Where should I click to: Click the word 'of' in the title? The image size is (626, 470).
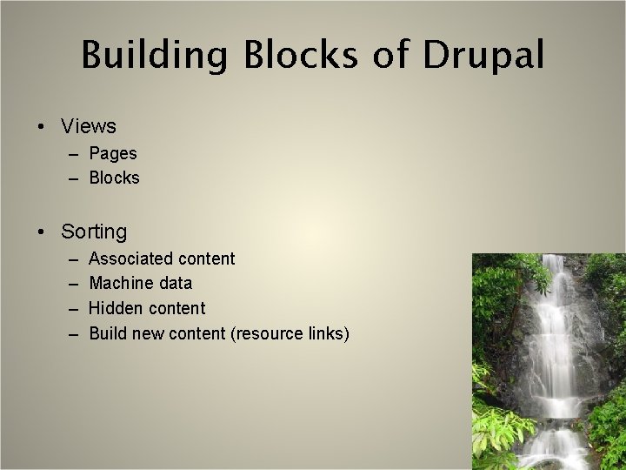tap(390, 55)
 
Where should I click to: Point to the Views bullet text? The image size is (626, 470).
tap(89, 127)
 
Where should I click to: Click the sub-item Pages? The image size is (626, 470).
tap(113, 153)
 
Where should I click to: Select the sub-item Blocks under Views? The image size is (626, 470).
tap(115, 178)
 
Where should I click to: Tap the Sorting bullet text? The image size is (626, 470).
tap(94, 232)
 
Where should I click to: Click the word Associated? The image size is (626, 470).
tap(130, 258)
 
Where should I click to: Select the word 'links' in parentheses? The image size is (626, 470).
tap(326, 332)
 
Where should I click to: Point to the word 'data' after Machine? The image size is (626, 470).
tap(176, 283)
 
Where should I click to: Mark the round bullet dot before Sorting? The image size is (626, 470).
tap(43, 232)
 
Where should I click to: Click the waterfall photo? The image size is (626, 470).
tap(548, 361)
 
